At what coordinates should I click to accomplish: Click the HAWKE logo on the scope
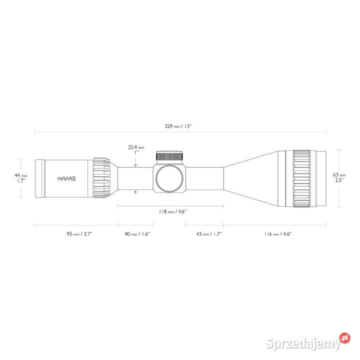[66, 178]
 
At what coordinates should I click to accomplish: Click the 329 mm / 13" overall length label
[178, 126]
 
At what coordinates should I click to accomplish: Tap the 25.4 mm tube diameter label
[136, 149]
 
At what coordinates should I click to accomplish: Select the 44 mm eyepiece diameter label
[20, 178]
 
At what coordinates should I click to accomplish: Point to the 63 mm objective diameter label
[339, 177]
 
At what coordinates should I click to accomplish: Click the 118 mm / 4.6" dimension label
[172, 211]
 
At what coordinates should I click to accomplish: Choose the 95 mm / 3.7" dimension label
[79, 234]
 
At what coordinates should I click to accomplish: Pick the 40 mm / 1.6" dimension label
[137, 234]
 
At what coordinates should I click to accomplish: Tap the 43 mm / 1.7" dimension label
[208, 234]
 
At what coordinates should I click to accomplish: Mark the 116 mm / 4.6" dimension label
[277, 234]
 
